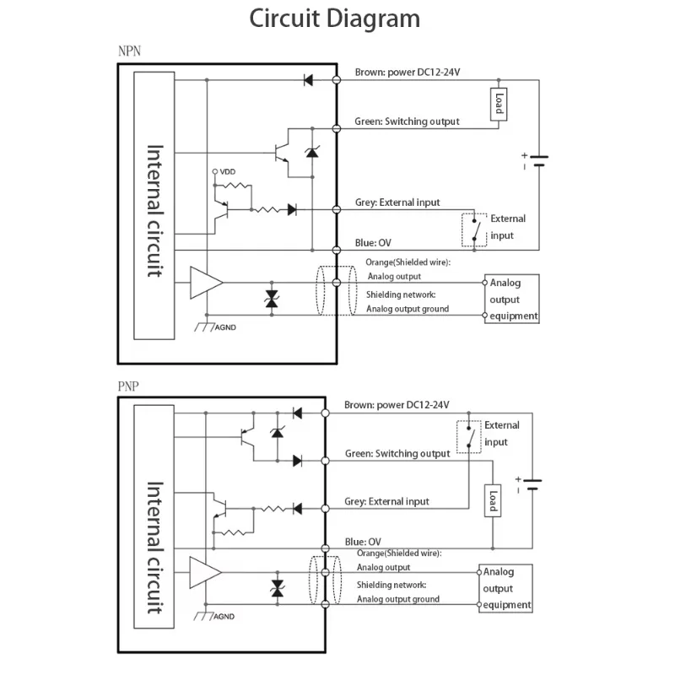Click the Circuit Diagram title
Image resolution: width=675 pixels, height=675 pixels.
[334, 19]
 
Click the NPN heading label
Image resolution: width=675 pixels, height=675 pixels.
[129, 51]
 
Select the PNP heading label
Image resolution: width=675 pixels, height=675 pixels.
[127, 387]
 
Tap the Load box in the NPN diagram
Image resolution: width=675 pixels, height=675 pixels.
[498, 105]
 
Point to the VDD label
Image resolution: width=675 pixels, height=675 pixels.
[227, 172]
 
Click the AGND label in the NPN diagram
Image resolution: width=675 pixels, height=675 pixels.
[225, 327]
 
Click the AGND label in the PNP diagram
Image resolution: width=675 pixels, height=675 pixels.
[224, 617]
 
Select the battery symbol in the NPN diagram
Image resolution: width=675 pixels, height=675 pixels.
[538, 160]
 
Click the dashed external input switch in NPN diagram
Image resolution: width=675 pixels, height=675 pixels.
[474, 229]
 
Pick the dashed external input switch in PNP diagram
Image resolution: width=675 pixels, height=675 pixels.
[469, 437]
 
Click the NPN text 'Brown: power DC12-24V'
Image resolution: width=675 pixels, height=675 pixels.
[407, 73]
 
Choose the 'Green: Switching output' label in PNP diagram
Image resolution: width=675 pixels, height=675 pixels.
[397, 454]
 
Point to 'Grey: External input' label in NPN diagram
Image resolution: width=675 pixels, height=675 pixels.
[397, 202]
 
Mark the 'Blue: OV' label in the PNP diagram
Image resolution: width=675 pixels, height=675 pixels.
[363, 542]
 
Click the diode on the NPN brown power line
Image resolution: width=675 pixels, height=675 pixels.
[308, 80]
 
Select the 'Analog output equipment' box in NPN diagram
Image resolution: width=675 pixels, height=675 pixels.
[511, 300]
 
